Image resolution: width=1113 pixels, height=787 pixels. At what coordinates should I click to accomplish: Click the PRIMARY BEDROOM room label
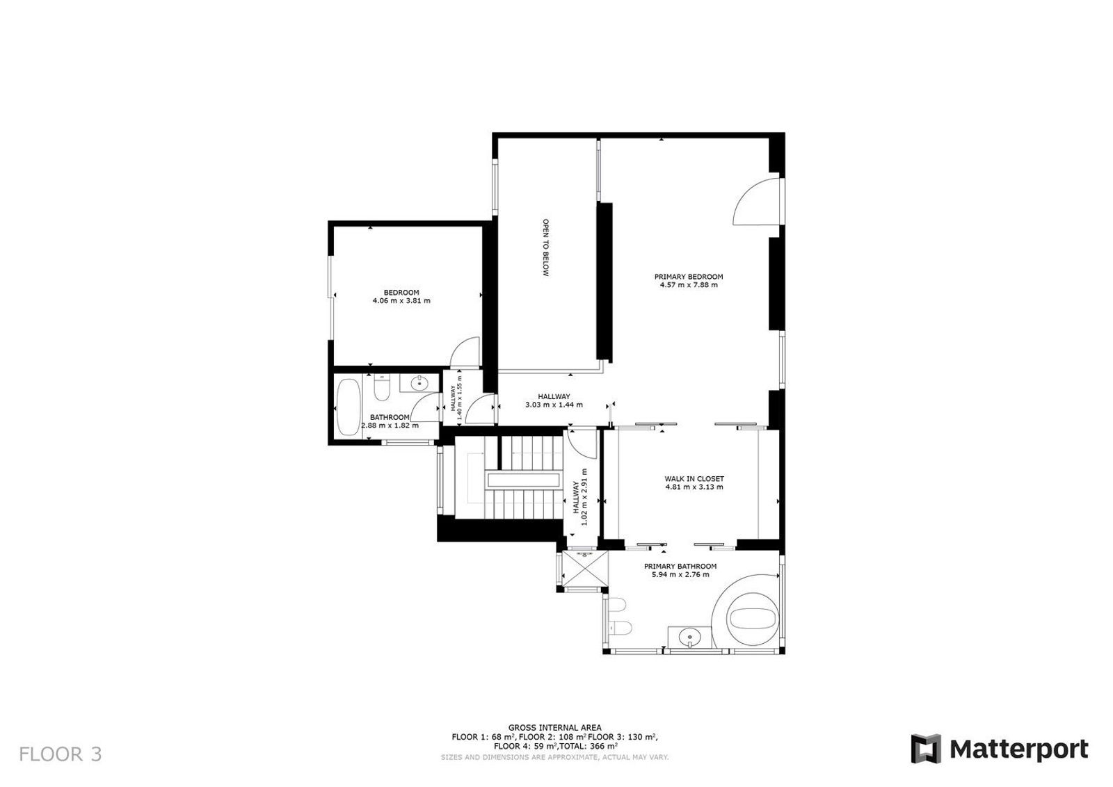pos(688,277)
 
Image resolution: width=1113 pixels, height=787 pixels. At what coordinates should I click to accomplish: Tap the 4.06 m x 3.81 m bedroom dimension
pos(401,300)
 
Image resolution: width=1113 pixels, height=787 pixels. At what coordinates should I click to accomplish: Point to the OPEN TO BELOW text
pos(545,248)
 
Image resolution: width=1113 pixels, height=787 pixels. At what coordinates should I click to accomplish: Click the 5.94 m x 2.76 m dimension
pos(680,574)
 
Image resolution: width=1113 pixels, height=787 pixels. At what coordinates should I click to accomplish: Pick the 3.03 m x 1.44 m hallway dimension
pos(554,405)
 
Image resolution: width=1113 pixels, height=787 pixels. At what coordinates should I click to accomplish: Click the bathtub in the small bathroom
pos(348,407)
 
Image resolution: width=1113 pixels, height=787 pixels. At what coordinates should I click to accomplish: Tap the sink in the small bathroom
pos(419,383)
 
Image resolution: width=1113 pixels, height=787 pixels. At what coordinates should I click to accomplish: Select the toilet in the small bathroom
pos(382,387)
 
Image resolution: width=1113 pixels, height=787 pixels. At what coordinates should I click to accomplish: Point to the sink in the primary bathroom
pos(689,636)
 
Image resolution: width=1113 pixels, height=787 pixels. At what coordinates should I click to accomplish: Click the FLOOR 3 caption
pos(61,754)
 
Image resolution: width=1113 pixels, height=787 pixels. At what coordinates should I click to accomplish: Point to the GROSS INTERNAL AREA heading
pos(554,728)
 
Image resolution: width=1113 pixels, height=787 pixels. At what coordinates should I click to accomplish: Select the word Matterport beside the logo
pos(1019,749)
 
